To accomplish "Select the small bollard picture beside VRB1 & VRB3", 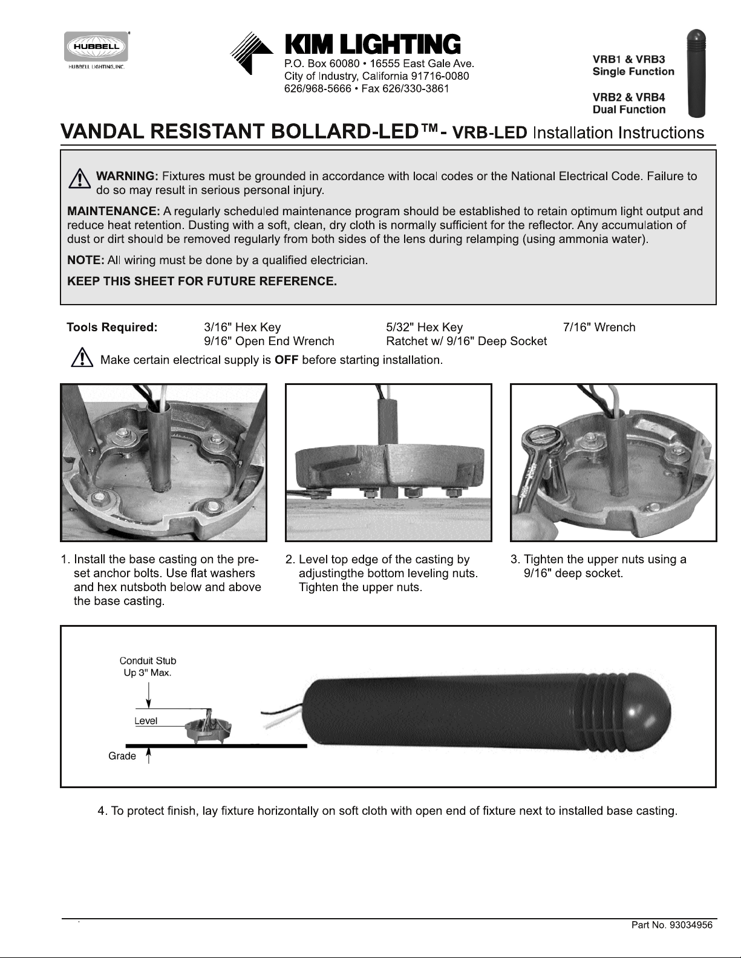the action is (x=696, y=74).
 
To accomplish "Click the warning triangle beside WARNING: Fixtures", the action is (x=80, y=178).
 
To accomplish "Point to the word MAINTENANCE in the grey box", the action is (x=113, y=211).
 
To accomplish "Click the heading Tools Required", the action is (x=112, y=327).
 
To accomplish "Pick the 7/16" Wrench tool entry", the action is (x=599, y=327).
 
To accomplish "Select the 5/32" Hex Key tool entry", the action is (x=424, y=327).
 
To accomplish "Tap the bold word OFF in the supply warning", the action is (x=286, y=360).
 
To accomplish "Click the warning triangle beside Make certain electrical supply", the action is (x=82, y=357).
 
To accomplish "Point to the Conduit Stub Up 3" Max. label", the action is (x=148, y=667).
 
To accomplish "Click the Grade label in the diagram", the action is (x=122, y=756).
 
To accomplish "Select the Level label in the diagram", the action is (x=146, y=721).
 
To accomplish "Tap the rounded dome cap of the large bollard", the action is (x=649, y=713).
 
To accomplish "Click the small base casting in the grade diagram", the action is (x=208, y=729).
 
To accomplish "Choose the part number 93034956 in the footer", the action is (x=691, y=925).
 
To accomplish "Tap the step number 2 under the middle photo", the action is (x=289, y=560).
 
